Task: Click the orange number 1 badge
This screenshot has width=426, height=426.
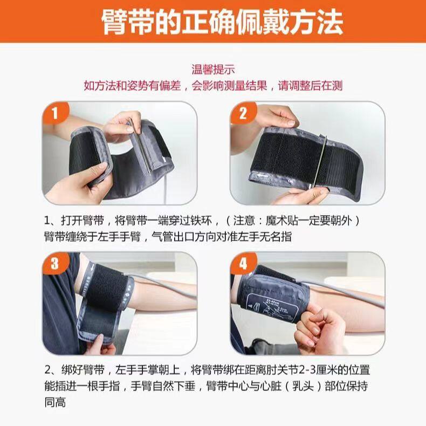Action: [55, 112]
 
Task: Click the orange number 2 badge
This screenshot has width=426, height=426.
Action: [243, 113]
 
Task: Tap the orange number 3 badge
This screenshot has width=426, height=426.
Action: [54, 263]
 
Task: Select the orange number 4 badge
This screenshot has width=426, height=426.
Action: [243, 263]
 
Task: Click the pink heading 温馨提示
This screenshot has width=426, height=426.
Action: [213, 69]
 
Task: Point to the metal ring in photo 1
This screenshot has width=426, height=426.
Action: [140, 147]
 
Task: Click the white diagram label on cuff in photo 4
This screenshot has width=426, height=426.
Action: [272, 307]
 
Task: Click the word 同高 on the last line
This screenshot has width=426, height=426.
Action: [55, 402]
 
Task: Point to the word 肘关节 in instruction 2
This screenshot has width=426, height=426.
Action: [283, 370]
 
